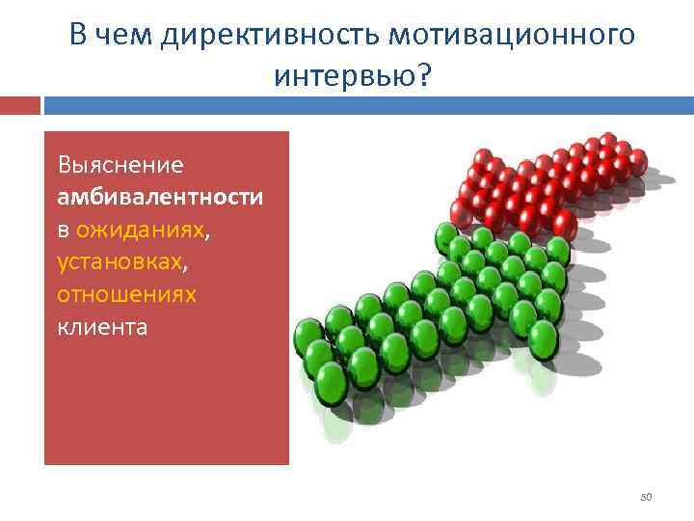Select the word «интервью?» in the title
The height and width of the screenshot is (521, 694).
(351, 73)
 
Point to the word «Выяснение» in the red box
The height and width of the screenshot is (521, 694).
(120, 164)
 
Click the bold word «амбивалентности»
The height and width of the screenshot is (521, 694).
(160, 197)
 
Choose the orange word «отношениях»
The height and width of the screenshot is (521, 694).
(126, 294)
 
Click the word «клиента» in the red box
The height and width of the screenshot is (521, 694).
(103, 326)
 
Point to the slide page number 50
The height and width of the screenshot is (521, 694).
(647, 497)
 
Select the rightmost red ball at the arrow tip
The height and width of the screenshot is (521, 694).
(636, 157)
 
